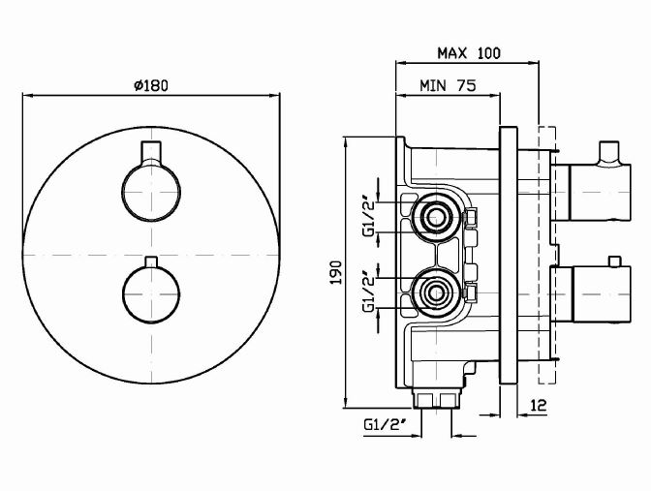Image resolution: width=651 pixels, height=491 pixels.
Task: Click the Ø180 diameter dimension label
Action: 150,85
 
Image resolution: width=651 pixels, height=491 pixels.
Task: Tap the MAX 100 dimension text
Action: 468,52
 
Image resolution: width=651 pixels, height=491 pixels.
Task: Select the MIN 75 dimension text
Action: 447,85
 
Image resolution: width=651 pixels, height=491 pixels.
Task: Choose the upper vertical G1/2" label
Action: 368,219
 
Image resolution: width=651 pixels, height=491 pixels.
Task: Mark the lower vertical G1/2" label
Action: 368,294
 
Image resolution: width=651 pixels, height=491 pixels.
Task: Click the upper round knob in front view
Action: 150,191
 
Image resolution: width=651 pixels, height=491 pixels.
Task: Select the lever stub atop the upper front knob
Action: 150,152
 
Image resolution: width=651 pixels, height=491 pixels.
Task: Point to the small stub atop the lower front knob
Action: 150,262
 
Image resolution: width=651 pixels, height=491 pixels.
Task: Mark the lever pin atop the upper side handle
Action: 608,151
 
